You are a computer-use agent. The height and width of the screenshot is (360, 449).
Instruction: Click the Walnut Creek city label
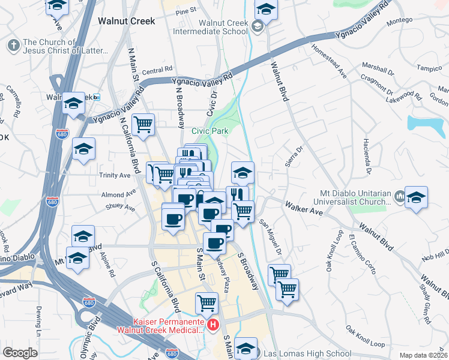click(126, 21)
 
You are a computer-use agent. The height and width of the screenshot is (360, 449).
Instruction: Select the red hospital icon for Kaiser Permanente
click(212, 325)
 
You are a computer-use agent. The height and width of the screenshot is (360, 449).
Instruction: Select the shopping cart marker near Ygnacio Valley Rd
click(143, 125)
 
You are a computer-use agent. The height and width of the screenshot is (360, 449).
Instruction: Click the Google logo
click(20, 353)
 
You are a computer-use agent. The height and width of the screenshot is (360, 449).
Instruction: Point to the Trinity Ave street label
click(116, 176)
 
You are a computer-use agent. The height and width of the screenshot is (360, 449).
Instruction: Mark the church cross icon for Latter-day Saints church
click(13, 45)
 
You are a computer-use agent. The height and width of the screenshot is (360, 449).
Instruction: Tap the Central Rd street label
click(157, 70)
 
